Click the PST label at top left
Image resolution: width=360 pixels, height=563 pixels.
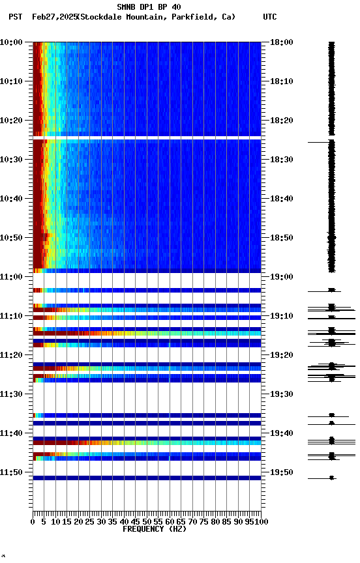16,17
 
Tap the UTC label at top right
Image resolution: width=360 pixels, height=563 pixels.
270,17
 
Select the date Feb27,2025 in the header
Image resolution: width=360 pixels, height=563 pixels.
54,17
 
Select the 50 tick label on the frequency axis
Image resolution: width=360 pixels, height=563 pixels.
147,522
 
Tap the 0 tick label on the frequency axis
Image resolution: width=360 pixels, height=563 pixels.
33,522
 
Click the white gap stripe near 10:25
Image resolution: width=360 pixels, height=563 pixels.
147,137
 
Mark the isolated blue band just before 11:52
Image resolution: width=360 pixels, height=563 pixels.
147,478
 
